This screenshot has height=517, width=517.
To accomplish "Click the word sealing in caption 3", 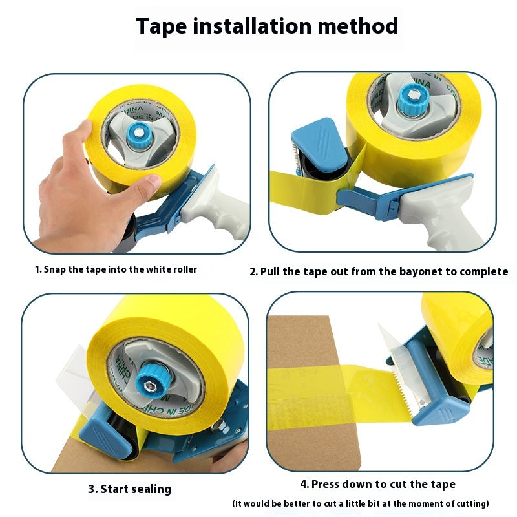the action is pyautogui.click(x=151, y=489).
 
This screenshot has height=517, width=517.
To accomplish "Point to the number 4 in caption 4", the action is pyautogui.click(x=304, y=484).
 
